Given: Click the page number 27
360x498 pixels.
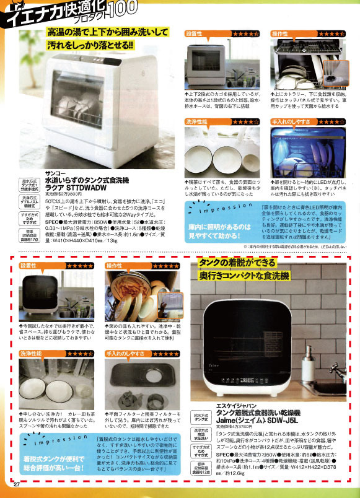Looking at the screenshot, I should (17, 485).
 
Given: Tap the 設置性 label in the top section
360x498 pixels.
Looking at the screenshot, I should (194, 33).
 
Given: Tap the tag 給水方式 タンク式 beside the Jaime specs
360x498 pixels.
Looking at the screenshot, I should (201, 417).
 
